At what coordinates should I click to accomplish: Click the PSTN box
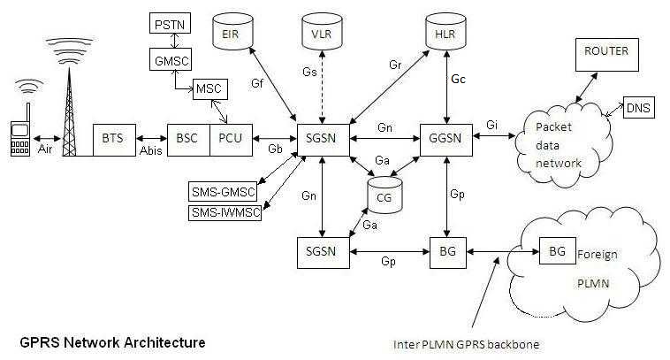click(x=170, y=23)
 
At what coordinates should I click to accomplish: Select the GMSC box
click(x=171, y=59)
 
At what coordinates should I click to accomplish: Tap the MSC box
click(x=209, y=89)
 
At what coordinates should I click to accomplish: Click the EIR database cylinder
click(x=232, y=31)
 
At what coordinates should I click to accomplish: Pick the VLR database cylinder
click(x=322, y=31)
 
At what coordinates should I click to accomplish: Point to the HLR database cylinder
click(x=445, y=31)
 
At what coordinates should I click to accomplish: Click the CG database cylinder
click(x=384, y=195)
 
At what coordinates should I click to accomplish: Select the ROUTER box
click(x=607, y=55)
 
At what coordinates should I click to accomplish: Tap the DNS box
click(x=639, y=108)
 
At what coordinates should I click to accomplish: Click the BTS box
click(x=115, y=141)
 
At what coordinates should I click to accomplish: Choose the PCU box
click(x=232, y=141)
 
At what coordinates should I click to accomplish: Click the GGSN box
click(x=446, y=141)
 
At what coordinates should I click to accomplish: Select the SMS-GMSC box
click(x=223, y=192)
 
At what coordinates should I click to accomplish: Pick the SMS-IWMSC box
click(x=225, y=212)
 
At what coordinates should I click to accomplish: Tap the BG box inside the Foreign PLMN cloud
click(x=557, y=251)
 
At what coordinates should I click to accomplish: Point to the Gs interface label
click(x=309, y=72)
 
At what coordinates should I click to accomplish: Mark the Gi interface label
click(x=491, y=125)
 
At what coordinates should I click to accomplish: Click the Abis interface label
click(x=151, y=150)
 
